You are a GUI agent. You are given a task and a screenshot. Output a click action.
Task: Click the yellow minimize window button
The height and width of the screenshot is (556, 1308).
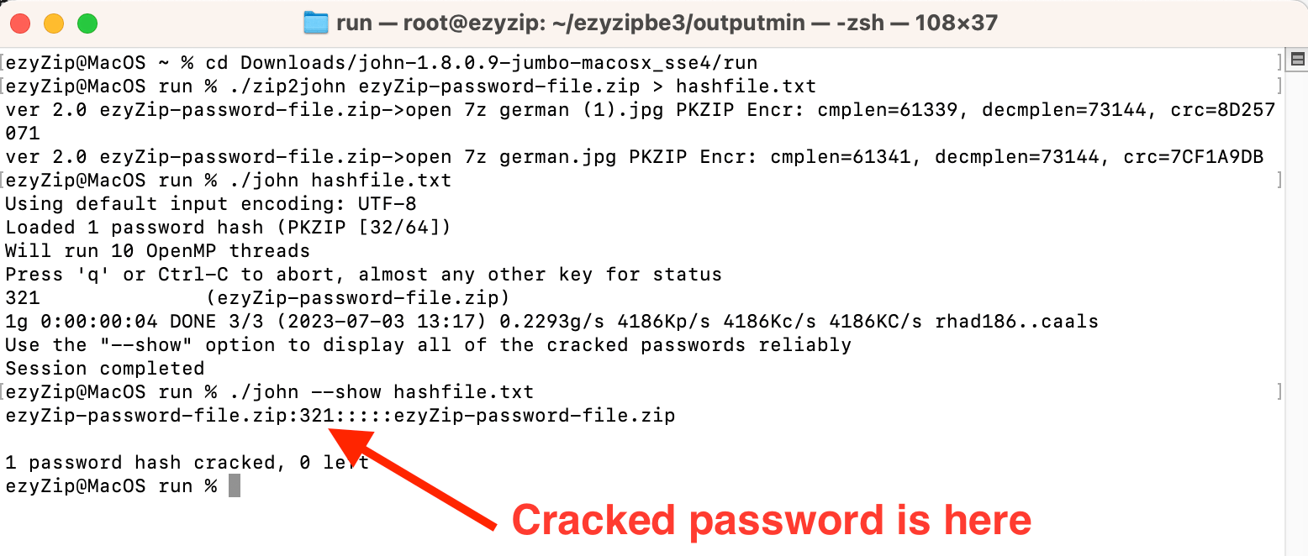54,24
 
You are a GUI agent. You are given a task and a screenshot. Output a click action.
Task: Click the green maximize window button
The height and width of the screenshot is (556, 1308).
87,24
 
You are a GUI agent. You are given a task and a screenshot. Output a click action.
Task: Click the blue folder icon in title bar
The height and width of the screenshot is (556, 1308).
315,23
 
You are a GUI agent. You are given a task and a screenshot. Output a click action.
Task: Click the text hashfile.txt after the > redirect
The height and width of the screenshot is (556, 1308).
746,87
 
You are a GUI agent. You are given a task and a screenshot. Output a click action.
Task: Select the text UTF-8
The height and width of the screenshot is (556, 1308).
387,204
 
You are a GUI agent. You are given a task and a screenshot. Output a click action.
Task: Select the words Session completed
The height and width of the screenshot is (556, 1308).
104,369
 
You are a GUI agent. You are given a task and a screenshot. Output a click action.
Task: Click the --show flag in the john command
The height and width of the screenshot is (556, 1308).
345,392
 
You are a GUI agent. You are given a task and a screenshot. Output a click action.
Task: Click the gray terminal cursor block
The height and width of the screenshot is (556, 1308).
235,486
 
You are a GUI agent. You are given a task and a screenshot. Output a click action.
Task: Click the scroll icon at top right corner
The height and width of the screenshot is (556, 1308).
1297,59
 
